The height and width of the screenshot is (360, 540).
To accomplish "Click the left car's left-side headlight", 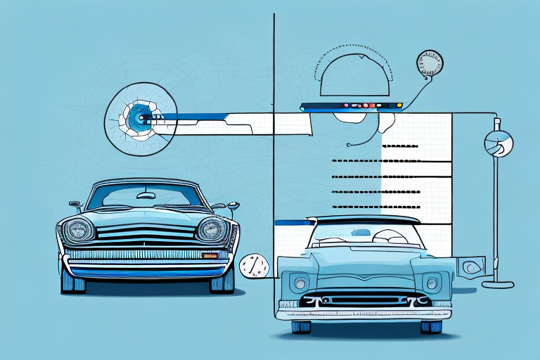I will tap(79, 229).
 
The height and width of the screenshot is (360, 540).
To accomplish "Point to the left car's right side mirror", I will tap(233, 206).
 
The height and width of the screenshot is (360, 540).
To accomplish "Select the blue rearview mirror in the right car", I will tap(360, 233).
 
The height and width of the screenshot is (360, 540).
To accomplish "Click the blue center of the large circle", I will tap(140, 117).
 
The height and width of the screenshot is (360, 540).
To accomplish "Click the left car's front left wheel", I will tap(73, 281).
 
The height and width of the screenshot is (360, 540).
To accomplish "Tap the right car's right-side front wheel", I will tap(431, 326).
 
